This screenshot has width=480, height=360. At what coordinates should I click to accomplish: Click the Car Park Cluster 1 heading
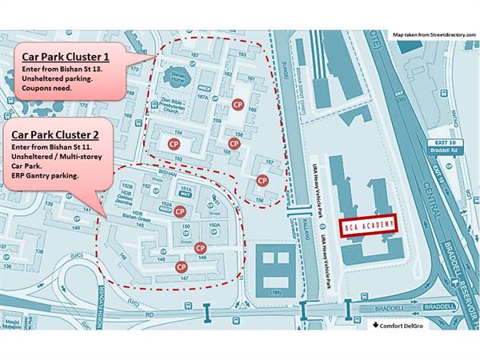(x=66, y=58)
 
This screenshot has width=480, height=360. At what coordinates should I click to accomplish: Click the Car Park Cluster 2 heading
(x=61, y=136)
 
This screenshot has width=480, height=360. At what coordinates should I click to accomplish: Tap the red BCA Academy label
(x=367, y=227)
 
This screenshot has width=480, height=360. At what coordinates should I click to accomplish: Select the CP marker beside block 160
(x=237, y=105)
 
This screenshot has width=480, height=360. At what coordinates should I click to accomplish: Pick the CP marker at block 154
(x=173, y=142)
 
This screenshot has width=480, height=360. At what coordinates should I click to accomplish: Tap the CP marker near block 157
(x=262, y=181)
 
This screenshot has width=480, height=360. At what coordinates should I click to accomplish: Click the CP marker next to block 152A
(x=181, y=212)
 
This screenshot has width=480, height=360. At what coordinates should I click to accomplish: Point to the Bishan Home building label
(x=179, y=78)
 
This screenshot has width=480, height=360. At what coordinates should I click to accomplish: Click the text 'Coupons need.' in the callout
(x=47, y=88)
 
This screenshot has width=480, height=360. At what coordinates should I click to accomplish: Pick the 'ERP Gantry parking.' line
(x=45, y=176)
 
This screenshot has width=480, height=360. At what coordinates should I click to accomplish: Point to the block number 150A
(x=214, y=226)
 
